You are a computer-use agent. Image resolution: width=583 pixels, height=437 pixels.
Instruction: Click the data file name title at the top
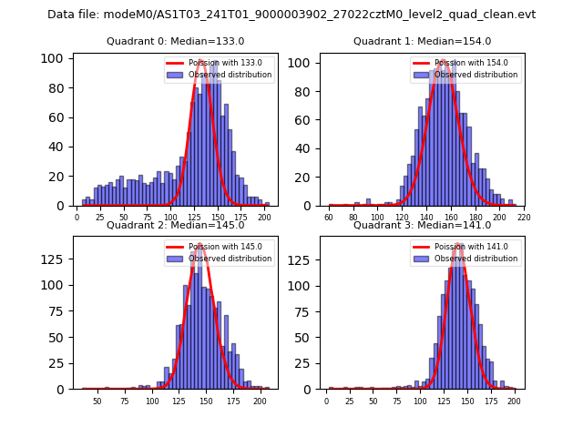pyautogui.click(x=291, y=15)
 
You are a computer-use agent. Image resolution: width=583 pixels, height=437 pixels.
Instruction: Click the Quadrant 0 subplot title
pyautogui.click(x=176, y=41)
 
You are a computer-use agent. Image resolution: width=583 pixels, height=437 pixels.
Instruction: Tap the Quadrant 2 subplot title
pyautogui.click(x=176, y=225)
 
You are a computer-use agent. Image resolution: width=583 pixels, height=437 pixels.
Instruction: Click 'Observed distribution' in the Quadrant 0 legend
pyautogui.click(x=230, y=75)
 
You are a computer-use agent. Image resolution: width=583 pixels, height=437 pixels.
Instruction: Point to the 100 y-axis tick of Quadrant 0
pyautogui.click(x=52, y=58)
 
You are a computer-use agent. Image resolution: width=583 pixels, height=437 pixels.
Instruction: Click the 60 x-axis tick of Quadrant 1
pyautogui.click(x=329, y=218)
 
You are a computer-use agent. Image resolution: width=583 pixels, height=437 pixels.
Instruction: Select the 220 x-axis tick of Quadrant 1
pyautogui.click(x=523, y=218)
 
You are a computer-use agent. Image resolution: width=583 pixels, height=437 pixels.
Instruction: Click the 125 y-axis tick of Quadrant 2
pyautogui.click(x=52, y=259)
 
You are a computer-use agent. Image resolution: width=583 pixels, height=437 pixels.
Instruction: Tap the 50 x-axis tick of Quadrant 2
pyautogui.click(x=97, y=401)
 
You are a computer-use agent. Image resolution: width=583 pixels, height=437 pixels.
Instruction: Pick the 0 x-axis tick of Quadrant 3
pyautogui.click(x=327, y=401)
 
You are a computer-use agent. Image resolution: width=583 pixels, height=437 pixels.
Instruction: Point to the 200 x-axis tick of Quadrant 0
pyautogui.click(x=264, y=218)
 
